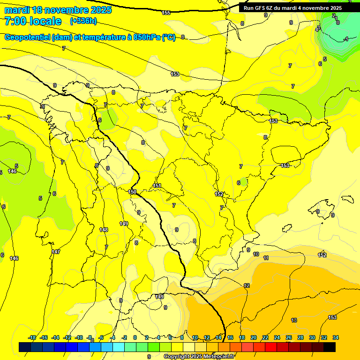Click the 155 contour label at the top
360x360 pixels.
(166, 13)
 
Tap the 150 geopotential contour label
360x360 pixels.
(132, 192)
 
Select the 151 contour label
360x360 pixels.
(157, 186)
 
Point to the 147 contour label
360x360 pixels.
(56, 252)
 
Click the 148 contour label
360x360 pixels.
(104, 230)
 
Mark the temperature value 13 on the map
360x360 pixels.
(294, 320)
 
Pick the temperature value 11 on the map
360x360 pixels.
(266, 258)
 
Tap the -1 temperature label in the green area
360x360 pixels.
(345, 39)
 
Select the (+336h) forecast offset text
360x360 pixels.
(83, 21)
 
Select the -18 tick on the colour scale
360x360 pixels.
(32, 337)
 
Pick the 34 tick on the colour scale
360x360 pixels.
(336, 337)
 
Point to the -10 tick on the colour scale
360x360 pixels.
(79, 337)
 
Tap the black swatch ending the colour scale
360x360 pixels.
(330, 347)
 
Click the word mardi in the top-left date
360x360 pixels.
(17, 10)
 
